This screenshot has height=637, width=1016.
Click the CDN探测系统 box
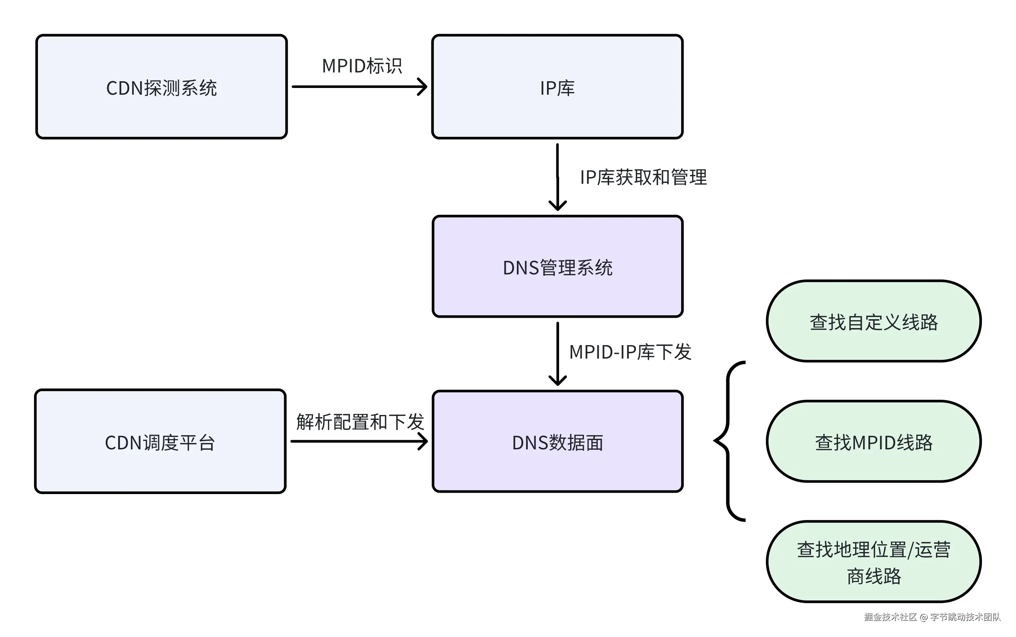[x=161, y=87]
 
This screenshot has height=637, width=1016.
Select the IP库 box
[x=557, y=87]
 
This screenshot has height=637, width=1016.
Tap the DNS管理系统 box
[x=557, y=266]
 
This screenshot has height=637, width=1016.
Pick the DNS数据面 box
[x=557, y=441]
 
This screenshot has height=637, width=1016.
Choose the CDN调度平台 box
[x=160, y=441]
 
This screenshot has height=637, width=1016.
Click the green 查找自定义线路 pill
[x=873, y=321]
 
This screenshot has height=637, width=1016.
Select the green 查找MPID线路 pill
[x=873, y=441]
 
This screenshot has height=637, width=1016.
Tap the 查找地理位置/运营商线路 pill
[x=873, y=561]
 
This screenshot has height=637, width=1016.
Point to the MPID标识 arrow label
[x=361, y=66]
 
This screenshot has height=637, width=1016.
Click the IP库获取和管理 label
[x=643, y=177]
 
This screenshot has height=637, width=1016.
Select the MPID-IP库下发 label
[x=630, y=352]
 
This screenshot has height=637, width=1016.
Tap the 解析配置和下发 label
[x=359, y=422]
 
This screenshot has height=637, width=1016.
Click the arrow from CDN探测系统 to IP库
[x=359, y=87]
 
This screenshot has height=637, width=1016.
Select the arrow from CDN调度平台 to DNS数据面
[x=359, y=441]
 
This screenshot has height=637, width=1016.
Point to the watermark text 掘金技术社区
[x=890, y=617]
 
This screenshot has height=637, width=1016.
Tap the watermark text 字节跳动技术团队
[x=965, y=617]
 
